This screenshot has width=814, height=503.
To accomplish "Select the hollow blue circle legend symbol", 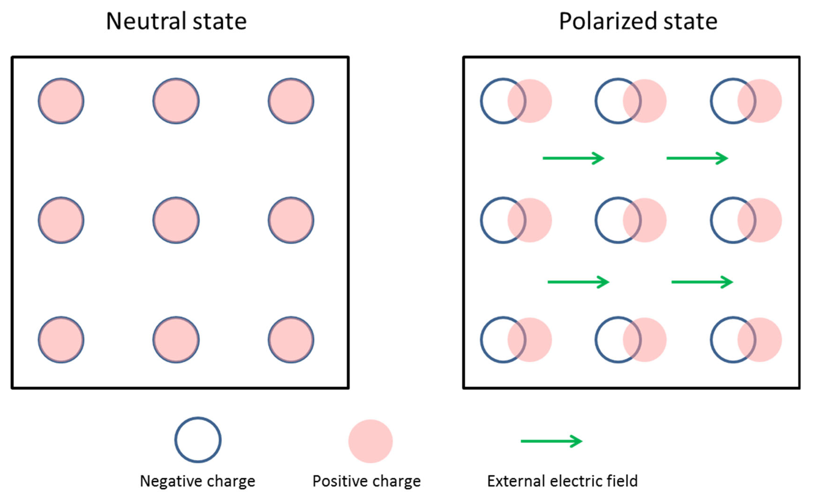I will coord(198,440).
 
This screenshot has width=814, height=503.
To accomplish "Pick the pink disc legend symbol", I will coord(371,441).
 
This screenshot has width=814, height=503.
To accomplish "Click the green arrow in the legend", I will coord(551,441).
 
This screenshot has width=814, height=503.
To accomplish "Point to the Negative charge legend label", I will coord(198,481).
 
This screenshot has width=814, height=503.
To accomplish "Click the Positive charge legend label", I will coord(367,481).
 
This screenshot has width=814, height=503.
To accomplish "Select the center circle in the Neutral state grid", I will coord(176,220).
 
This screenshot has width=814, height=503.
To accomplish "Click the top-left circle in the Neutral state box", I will coord(61,101).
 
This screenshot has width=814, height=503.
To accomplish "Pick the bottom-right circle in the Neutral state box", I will coord(291,340).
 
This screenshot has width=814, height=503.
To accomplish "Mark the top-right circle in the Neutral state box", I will coord(291,101).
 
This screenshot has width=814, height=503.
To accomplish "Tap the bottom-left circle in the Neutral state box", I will coord(61,340).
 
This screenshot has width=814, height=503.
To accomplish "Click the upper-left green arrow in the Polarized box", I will coord(573,158).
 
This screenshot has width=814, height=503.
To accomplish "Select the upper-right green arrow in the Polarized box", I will coord(697,158).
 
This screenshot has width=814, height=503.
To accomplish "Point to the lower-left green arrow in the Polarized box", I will coord(578,282).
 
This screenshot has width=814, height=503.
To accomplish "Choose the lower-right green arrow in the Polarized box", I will coord(702,282).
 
